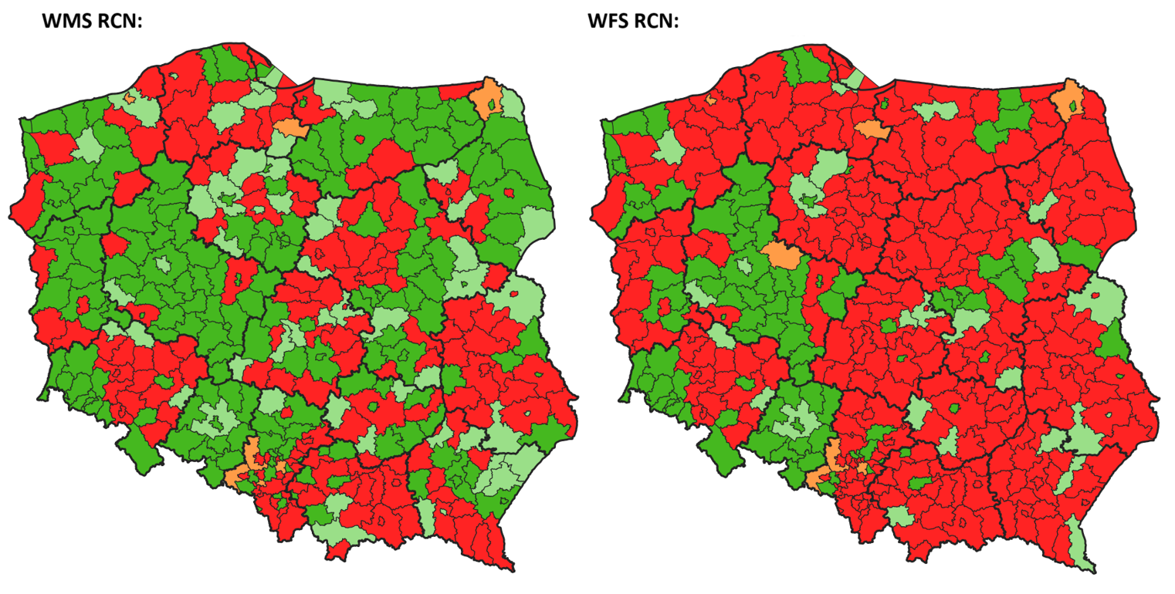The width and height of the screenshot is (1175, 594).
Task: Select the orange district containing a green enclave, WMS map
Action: [x=486, y=100]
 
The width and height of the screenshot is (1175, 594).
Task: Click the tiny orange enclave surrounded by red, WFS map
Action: [x=710, y=99]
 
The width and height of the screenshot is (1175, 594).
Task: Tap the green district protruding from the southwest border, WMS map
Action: [x=144, y=457]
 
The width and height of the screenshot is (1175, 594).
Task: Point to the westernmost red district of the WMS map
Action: [x=19, y=208]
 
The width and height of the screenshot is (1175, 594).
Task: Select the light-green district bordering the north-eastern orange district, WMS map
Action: [x=510, y=105]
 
